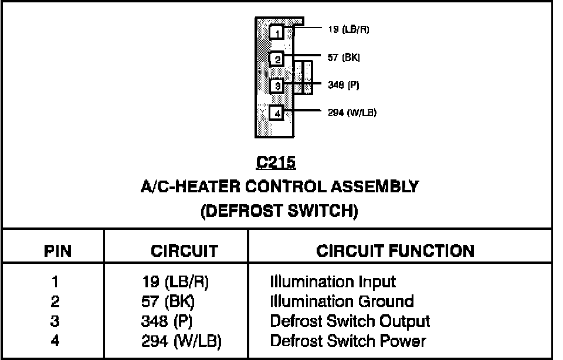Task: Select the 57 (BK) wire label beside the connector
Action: [344, 57]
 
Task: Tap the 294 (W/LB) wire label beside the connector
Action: [352, 113]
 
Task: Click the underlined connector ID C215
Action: [276, 162]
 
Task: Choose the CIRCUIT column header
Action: [184, 252]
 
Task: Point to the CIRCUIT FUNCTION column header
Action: [395, 251]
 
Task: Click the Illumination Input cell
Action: [333, 282]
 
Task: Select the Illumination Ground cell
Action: [341, 302]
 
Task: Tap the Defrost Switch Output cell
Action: [350, 321]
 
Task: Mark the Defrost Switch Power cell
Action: [347, 341]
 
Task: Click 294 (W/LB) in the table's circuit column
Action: [181, 341]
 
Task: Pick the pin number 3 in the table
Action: [55, 321]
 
